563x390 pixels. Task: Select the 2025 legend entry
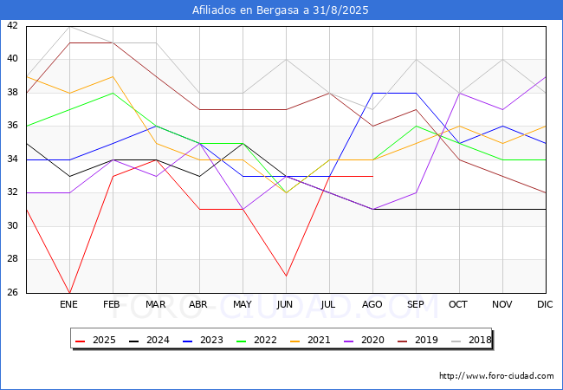(x=95, y=340)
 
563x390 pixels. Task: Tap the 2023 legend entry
(x=203, y=340)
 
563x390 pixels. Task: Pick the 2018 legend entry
(x=471, y=340)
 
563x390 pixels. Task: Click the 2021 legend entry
(x=310, y=340)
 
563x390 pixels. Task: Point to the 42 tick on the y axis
(x=12, y=25)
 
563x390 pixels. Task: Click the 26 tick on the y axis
(x=12, y=292)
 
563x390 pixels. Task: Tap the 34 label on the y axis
(x=12, y=159)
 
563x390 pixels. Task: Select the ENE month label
(x=68, y=304)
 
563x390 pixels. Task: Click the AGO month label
(x=372, y=304)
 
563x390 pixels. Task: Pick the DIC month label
(x=545, y=304)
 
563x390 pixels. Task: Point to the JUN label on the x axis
(x=285, y=304)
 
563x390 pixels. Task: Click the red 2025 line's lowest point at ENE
(x=69, y=293)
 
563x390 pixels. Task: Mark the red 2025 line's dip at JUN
(x=286, y=276)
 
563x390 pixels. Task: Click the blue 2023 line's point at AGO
(x=373, y=93)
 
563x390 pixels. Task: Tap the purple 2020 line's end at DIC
(x=546, y=76)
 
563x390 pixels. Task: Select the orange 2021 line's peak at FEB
(x=113, y=76)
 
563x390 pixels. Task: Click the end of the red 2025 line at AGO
(x=373, y=176)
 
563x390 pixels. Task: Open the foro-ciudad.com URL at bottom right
(x=496, y=376)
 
